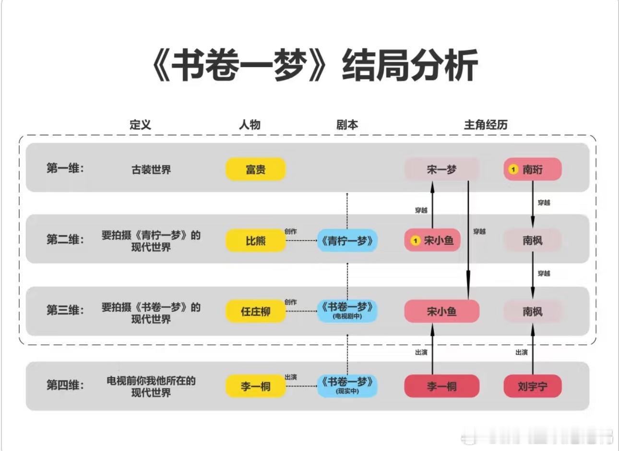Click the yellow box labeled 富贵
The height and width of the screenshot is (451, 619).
(256, 169)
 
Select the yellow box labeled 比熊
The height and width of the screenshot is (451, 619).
(256, 240)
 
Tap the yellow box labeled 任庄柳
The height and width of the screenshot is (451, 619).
(256, 311)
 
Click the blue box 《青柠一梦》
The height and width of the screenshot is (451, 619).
(347, 240)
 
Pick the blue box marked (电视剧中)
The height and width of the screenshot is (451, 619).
(347, 311)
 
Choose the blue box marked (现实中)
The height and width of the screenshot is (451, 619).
(347, 386)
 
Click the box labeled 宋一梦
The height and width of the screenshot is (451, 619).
(441, 169)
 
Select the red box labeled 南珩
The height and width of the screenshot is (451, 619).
(533, 169)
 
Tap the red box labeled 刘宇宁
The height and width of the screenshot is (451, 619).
(533, 386)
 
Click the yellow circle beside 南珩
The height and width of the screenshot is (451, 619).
(513, 169)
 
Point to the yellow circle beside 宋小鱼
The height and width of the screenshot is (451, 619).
(415, 241)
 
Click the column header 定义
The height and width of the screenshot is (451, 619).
(141, 125)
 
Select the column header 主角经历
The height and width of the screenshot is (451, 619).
(486, 125)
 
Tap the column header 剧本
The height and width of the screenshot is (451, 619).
(347, 125)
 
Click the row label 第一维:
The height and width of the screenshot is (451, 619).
(65, 168)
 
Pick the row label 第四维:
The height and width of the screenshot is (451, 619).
(65, 385)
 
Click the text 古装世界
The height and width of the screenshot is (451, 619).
(151, 169)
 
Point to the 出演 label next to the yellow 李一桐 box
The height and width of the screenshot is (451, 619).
(291, 377)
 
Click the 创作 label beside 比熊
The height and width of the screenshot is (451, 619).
(291, 231)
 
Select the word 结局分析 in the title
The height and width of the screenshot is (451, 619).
(410, 65)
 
